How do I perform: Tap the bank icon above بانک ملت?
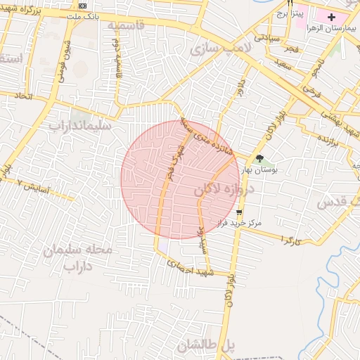[x=83, y=6]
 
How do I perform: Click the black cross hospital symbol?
[x=332, y=15]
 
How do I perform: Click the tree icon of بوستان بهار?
[x=259, y=159]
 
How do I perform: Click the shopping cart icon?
[x=240, y=212]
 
